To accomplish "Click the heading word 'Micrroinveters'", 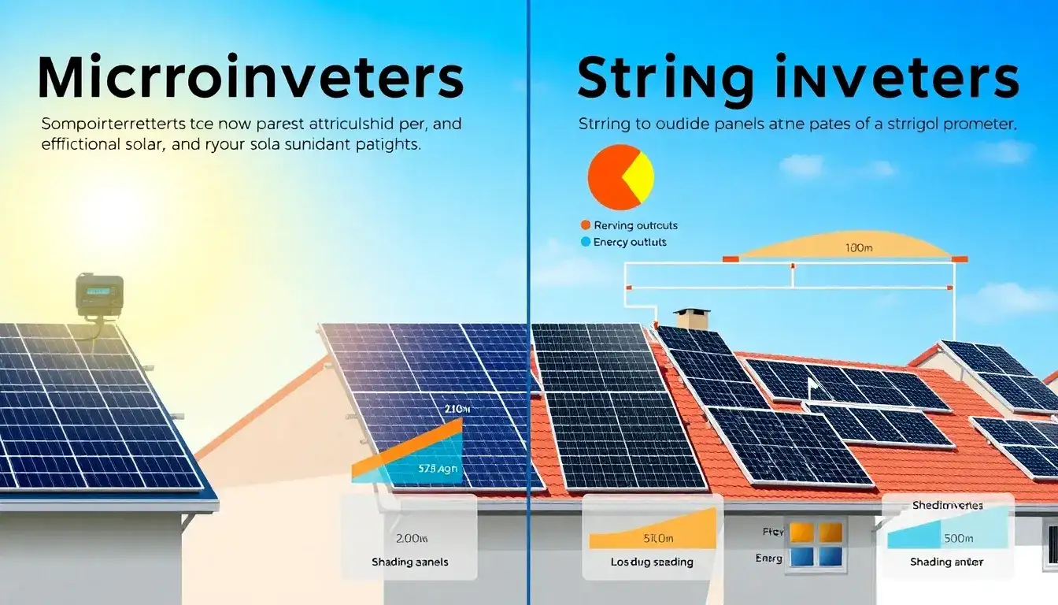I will pos(250,78).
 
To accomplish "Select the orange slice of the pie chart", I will pos(610,177).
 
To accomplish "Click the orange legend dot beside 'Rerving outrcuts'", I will pos(584,226).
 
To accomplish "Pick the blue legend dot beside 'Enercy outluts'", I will pos(584,242).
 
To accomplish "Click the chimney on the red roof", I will pos(692,319).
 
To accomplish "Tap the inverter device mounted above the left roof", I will pos(99,296).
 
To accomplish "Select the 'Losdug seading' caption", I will pos(652,562).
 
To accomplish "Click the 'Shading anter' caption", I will pos(946,562).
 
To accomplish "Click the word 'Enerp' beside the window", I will pos(768,558).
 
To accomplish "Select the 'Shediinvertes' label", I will pos(946,505).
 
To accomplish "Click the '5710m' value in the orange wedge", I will pos(659,539).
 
